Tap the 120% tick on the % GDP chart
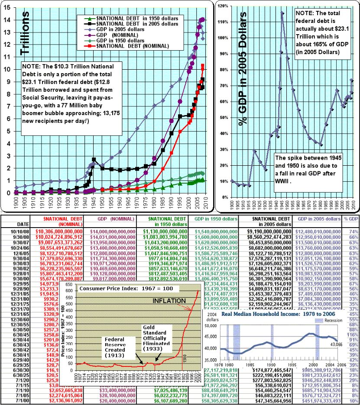pos(223,6)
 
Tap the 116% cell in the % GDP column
pos(353,334)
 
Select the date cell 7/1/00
pos(19,400)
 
